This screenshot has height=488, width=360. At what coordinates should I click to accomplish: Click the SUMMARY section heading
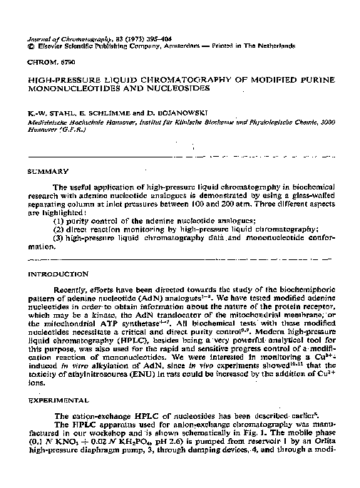click(x=48, y=172)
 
